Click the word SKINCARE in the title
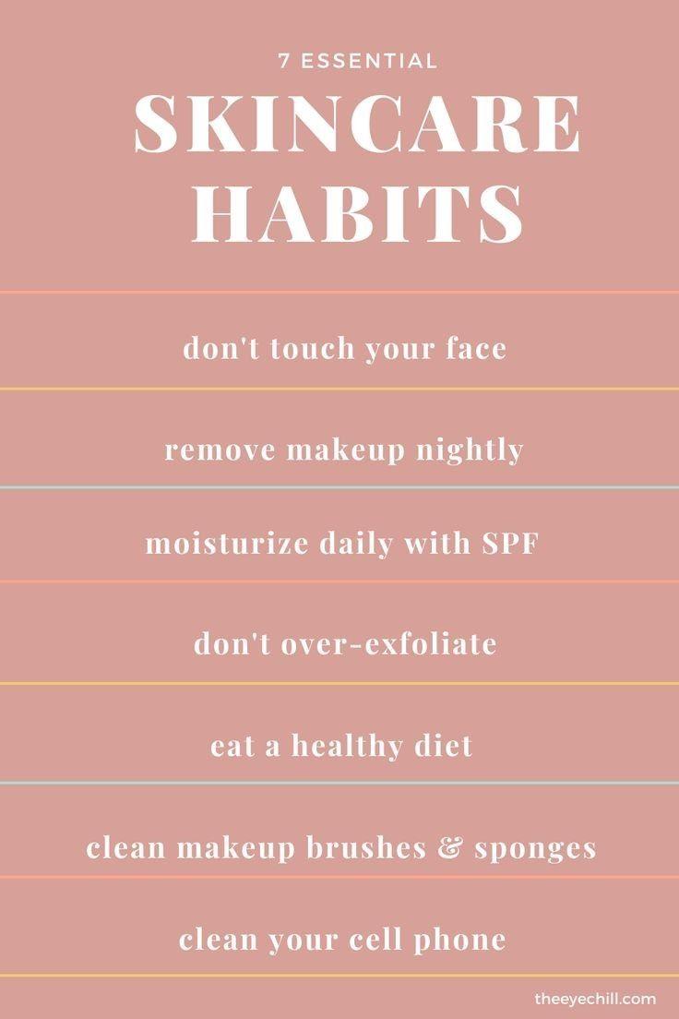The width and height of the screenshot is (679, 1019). point(357,124)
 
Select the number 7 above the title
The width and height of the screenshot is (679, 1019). point(283,61)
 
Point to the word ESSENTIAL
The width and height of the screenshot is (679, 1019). point(368,61)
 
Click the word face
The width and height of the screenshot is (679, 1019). point(476,348)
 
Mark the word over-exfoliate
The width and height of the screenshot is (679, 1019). point(388,643)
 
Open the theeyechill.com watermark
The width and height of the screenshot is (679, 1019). point(595,999)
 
